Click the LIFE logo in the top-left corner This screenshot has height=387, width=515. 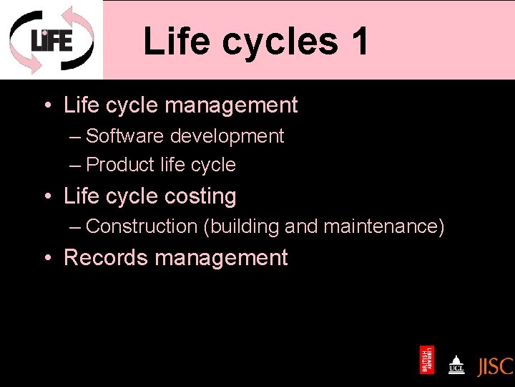[51, 39]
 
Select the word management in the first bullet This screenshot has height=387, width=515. [230, 105]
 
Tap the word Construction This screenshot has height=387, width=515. [141, 226]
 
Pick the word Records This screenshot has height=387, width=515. [104, 258]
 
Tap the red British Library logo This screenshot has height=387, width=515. [427, 360]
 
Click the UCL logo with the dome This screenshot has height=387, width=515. [456, 363]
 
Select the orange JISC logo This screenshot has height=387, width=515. [495, 366]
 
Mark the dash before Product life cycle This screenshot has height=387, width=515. [76, 166]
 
